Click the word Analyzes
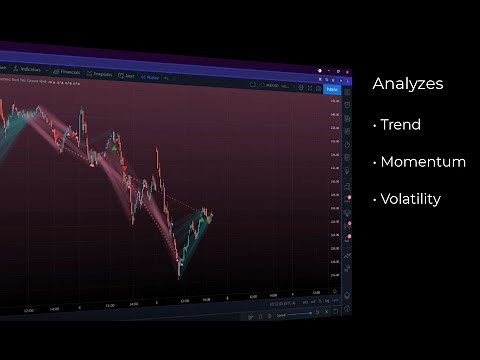(x=408, y=85)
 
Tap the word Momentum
(x=423, y=162)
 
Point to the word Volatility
(x=410, y=199)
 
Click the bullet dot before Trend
(x=374, y=126)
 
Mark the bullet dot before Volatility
(x=374, y=200)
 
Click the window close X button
(x=345, y=72)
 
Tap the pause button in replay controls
(x=260, y=315)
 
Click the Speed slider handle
(x=283, y=316)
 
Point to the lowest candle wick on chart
(x=179, y=276)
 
